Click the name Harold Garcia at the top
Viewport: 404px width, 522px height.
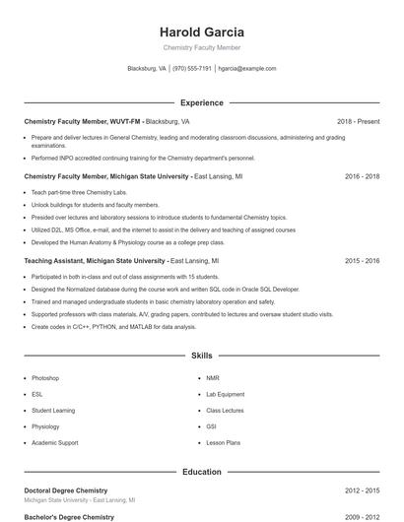pos(202,33)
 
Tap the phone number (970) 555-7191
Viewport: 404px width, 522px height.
pos(192,69)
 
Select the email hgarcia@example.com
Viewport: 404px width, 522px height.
pos(247,69)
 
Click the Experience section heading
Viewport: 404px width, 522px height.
pos(202,102)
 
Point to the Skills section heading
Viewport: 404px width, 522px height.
pos(202,355)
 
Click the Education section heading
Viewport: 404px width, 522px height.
pos(202,472)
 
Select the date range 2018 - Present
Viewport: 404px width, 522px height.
pos(358,121)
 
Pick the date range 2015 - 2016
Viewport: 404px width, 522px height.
pos(362,261)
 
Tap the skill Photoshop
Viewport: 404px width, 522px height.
pos(45,378)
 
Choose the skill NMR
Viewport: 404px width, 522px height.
pos(213,378)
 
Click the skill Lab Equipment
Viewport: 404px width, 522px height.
pos(225,394)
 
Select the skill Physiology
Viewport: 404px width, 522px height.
pos(45,426)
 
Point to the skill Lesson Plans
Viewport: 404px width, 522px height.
pos(224,442)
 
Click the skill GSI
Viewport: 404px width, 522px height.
pos(212,426)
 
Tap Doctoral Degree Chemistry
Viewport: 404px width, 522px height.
pos(66,489)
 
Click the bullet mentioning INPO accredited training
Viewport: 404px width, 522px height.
pos(143,158)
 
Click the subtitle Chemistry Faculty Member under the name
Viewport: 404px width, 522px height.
pos(202,47)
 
